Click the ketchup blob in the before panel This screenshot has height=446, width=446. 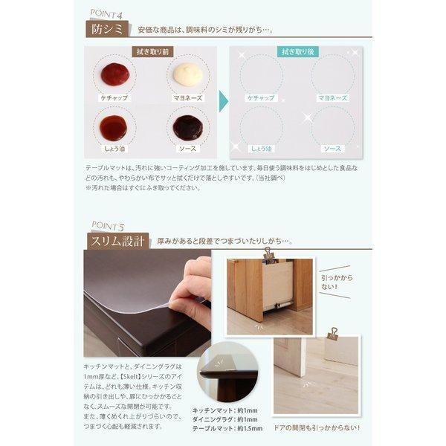point(114,73)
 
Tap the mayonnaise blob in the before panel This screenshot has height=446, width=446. point(187,73)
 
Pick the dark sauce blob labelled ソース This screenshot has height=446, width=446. point(187,128)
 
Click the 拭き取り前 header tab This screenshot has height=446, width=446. point(150,52)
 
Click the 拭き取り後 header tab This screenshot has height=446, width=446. point(297,52)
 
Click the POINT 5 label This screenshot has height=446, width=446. point(107,224)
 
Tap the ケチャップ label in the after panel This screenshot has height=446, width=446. point(261,97)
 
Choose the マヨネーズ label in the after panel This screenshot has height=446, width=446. point(332,97)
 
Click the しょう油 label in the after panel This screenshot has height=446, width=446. point(261,149)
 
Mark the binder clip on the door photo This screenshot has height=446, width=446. point(332,334)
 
